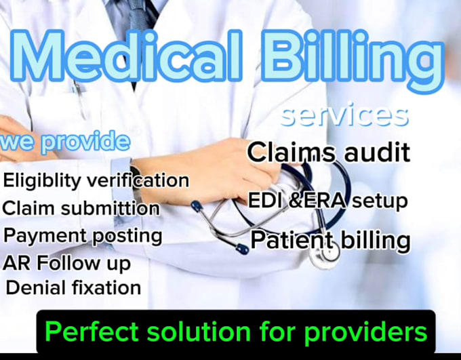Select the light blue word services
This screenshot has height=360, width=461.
345,115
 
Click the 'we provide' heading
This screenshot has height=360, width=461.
65,142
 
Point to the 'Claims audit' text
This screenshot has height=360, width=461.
329,153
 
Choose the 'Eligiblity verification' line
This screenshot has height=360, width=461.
96,180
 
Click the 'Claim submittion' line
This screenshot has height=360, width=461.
81,208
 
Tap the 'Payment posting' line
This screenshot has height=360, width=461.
83,236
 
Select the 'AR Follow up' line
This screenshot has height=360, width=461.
66,262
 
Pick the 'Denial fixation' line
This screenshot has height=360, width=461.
73,287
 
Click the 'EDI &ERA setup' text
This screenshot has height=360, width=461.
329,201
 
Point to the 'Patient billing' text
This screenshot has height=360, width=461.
330,240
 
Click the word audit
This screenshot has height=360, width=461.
377,153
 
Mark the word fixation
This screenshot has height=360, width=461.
104,287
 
